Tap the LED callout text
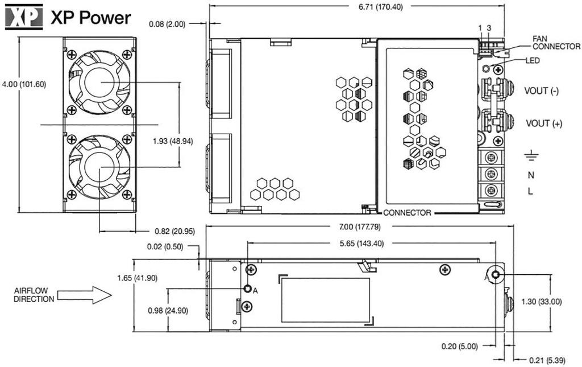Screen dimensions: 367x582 click(x=533, y=60)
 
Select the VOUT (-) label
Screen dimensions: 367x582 click(x=544, y=91)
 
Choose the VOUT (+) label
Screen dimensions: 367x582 click(x=544, y=123)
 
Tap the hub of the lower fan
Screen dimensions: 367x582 click(x=99, y=167)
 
